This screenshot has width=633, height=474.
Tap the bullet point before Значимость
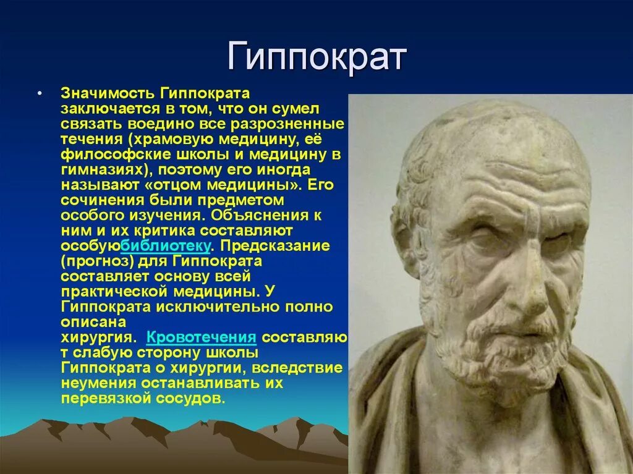39,94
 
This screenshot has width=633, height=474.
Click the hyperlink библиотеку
166,245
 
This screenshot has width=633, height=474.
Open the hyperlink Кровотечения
201,337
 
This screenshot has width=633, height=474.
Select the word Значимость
108,93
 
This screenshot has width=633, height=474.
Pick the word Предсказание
275,245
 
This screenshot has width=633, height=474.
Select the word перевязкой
106,399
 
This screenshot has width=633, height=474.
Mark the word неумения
97,383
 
